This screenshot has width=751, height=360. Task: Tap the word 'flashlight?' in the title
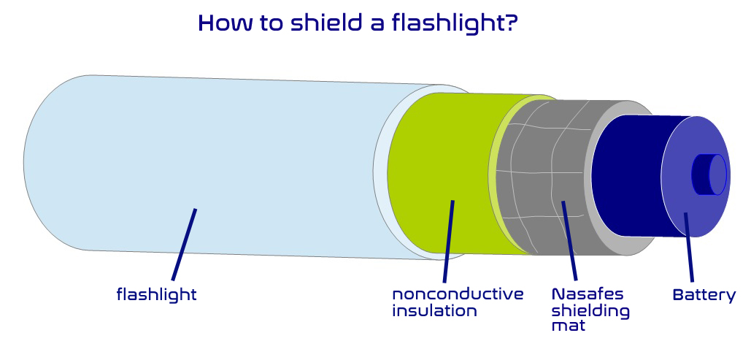pos(455,23)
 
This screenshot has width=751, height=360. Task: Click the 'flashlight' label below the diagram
pos(157,294)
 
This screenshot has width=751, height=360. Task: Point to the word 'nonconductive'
pos(458,294)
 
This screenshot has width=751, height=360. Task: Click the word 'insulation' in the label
pos(434,310)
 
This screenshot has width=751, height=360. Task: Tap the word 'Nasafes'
pos(588,294)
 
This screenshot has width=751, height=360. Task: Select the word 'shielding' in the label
pos(590,311)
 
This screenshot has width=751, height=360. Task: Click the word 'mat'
pos(569,326)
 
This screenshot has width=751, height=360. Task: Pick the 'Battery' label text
pos(704,295)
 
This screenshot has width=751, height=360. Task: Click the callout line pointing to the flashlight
pos(184,245)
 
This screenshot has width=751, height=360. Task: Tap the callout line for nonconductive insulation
pos(448,241)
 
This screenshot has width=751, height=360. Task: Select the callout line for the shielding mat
pos(569,241)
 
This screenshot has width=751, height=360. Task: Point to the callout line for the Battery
pos(689,248)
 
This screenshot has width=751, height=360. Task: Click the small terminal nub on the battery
pos(709,175)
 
